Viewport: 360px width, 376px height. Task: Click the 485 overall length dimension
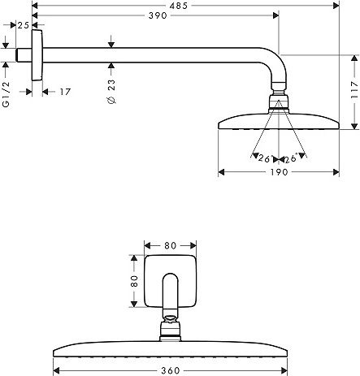coord(179,6)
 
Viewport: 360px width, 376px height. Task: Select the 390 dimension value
coord(158,15)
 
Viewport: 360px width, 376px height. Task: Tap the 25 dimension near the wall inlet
coord(24,25)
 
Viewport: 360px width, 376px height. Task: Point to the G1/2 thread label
coord(6,94)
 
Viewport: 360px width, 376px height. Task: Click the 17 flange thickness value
coord(65,92)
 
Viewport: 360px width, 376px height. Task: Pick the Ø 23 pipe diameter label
coord(111,92)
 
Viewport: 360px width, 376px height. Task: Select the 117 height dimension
coord(354,89)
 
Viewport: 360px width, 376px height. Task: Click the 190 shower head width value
coord(279,172)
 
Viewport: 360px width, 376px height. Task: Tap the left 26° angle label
coord(264,158)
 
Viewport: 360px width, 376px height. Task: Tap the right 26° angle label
coord(290,158)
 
